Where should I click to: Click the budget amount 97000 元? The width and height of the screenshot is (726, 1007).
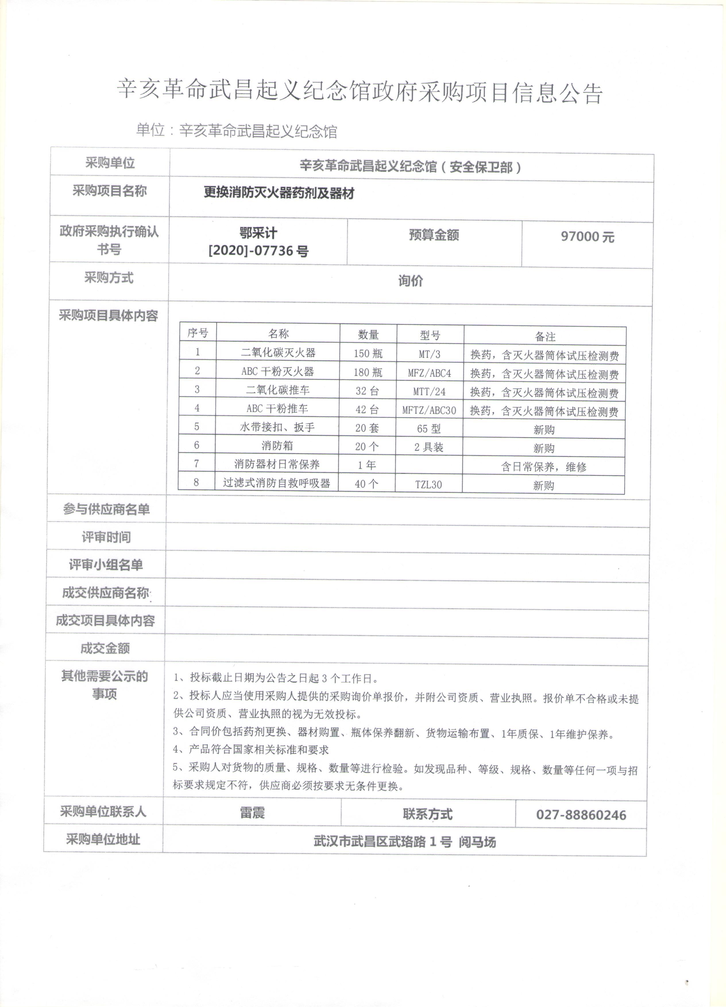[x=587, y=236]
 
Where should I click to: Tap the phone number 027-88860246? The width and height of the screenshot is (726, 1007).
[x=581, y=815]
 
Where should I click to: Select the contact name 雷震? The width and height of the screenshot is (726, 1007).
[x=252, y=813]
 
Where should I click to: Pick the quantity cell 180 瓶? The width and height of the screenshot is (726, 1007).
[x=368, y=372]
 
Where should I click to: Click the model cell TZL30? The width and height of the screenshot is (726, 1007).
[x=428, y=484]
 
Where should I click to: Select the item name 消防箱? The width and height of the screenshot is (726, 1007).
[x=277, y=446]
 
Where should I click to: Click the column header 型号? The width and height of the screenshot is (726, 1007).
[x=430, y=335]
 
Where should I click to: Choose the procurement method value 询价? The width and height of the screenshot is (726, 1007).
[x=410, y=281]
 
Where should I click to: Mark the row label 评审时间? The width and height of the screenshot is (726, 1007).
[x=106, y=537]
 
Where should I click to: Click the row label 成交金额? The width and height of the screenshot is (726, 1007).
[x=105, y=648]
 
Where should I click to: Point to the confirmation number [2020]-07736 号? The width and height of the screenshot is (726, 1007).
[x=258, y=251]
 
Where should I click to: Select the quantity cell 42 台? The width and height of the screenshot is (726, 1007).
[x=367, y=409]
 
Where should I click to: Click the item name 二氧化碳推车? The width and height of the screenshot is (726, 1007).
[x=277, y=390]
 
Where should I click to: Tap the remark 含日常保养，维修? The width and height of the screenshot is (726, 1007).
[x=544, y=467]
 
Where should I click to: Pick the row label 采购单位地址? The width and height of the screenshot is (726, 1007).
[x=103, y=839]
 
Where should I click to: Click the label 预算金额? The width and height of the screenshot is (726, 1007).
[x=434, y=235]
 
